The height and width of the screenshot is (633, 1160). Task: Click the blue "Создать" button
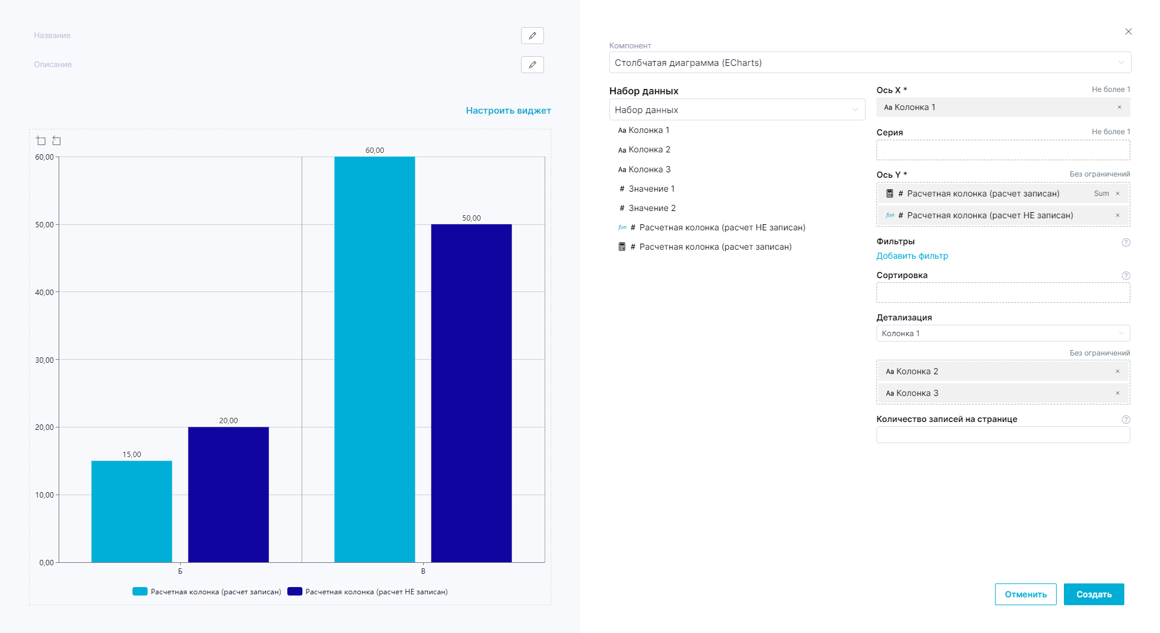coord(1094,594)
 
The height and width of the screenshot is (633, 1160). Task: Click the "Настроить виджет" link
coord(508,111)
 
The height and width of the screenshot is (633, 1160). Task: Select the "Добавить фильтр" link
coord(912,256)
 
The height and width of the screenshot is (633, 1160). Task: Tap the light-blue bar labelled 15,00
coord(132,511)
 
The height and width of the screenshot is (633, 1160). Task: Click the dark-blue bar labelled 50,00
coord(471,393)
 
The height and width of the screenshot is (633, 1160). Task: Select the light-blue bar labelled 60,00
coord(374,359)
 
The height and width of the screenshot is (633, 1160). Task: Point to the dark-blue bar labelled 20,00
coord(228,494)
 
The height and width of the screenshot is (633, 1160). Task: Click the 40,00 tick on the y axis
coord(44,293)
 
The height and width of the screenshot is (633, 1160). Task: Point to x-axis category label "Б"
coord(180,571)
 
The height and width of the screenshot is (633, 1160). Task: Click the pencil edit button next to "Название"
coord(532,36)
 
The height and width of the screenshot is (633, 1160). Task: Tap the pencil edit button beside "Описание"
coord(532,65)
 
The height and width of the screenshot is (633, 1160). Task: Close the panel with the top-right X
coord(1128,31)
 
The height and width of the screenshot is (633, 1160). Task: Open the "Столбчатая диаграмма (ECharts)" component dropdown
coord(869,62)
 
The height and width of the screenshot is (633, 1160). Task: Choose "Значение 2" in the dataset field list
coord(652,208)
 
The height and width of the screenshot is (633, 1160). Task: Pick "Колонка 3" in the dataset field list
coord(649,169)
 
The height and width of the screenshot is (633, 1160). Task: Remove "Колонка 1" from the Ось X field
coord(1119,107)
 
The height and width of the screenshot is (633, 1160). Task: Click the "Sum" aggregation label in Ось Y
coord(1101,193)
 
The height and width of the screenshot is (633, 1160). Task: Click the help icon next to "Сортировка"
coord(1126,276)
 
